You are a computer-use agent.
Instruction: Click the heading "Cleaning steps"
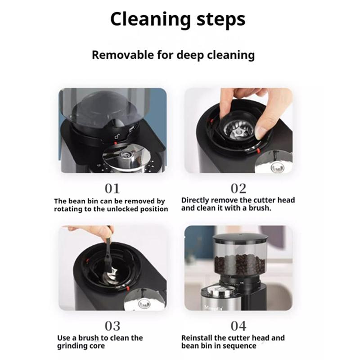[x=178, y=20]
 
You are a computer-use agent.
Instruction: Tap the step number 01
[x=112, y=189]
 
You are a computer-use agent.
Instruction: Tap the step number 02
[x=238, y=189]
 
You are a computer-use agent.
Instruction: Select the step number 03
[x=112, y=326]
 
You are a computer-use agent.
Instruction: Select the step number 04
[x=238, y=326]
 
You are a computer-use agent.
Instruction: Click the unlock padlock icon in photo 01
[x=117, y=136]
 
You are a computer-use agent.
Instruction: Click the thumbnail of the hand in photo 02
[x=261, y=133]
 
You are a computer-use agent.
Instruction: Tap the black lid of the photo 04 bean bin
[x=240, y=238]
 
